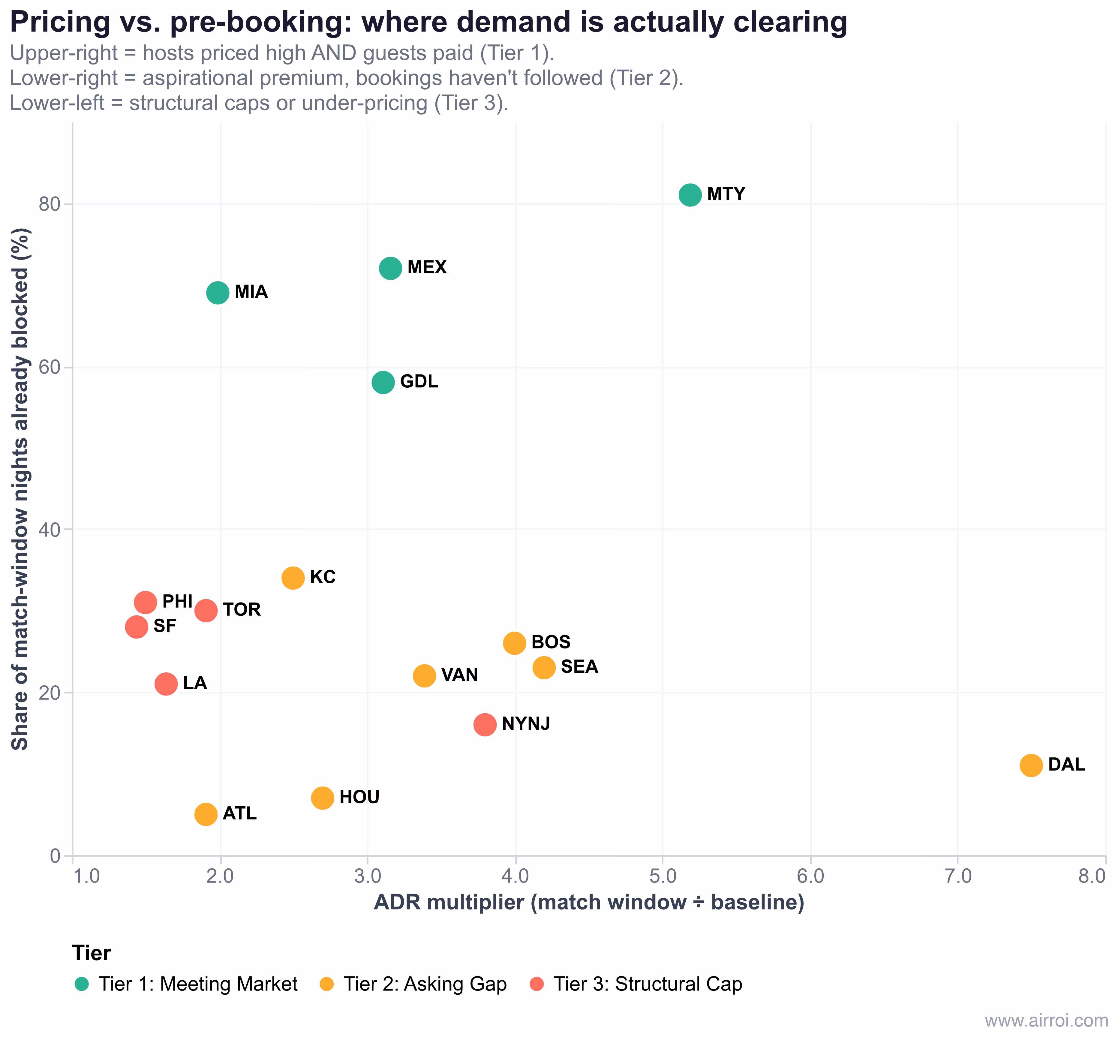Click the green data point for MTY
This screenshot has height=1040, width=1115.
coord(690,195)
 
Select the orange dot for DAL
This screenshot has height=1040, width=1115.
coord(1031,765)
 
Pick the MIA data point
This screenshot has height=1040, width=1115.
coord(218,292)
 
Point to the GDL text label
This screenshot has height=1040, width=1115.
coord(419,381)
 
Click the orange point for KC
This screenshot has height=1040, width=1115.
coord(293,578)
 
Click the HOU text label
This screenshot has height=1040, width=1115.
coord(359,797)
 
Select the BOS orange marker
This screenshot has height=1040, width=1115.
coord(514,643)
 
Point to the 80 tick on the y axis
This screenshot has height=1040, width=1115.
coord(49,204)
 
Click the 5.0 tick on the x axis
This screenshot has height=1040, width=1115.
coord(663,876)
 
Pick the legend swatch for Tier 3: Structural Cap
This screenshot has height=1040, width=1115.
coord(537,984)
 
